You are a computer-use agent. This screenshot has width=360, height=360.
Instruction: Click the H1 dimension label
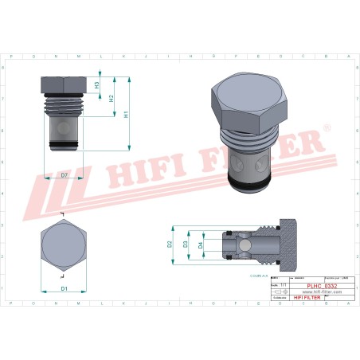coord(126,114)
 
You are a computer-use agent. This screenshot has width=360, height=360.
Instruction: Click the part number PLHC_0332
coord(322,285)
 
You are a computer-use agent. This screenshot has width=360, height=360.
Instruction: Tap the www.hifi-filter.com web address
coord(322,292)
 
